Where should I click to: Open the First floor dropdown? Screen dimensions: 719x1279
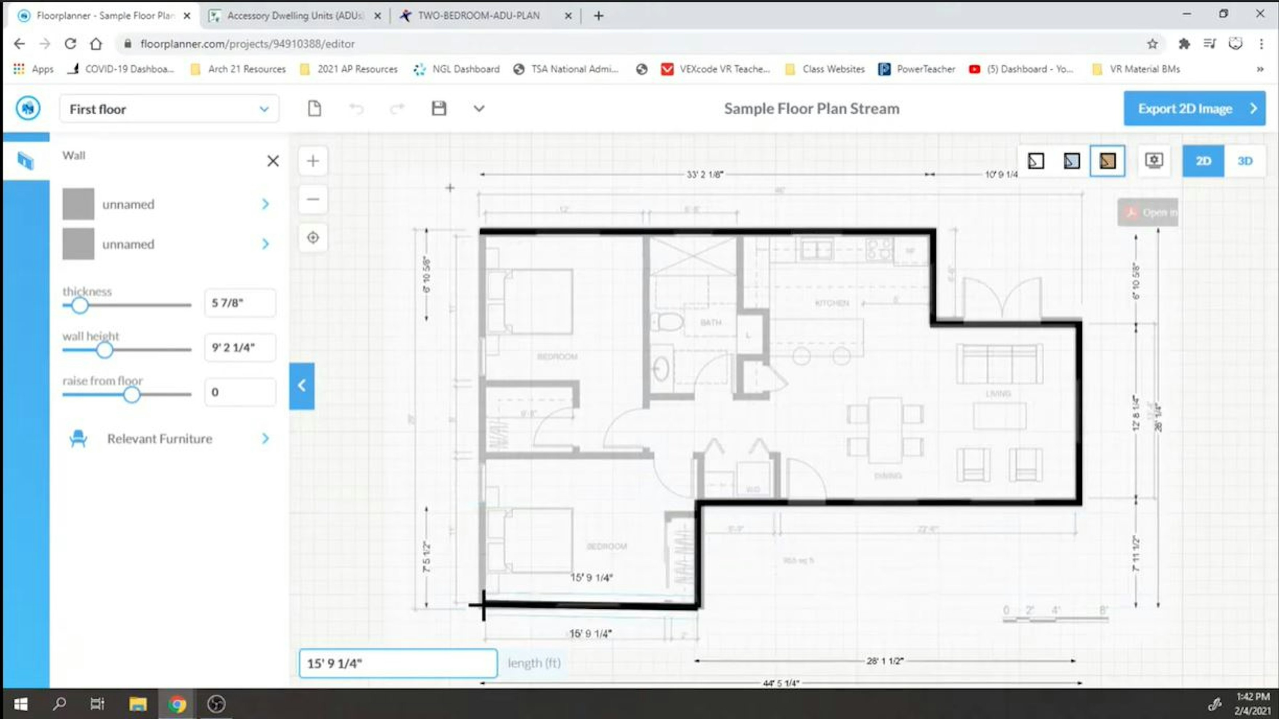click(169, 109)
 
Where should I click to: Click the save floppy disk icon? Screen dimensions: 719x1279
click(438, 108)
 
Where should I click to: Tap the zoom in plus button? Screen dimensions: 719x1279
click(313, 161)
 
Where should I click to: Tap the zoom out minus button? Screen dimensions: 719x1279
click(313, 199)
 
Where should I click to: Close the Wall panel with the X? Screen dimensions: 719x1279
click(273, 161)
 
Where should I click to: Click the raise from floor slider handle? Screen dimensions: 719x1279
click(132, 395)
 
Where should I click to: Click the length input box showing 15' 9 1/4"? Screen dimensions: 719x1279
click(398, 663)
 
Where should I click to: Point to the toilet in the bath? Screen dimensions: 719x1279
click(668, 322)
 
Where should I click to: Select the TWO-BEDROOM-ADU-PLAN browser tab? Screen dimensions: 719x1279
click(478, 15)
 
